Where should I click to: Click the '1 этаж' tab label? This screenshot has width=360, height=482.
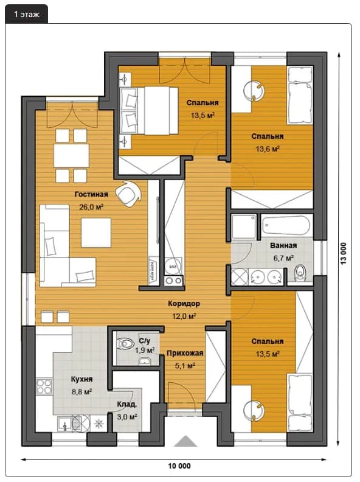[26, 14]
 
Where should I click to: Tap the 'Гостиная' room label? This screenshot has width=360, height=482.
[91, 194]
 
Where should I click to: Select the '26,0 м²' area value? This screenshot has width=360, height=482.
[91, 207]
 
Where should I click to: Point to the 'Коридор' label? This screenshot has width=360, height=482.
[184, 304]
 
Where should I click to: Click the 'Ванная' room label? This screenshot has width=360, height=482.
[283, 246]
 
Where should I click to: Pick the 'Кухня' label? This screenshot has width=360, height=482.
[81, 379]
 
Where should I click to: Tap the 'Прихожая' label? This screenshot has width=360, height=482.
[185, 353]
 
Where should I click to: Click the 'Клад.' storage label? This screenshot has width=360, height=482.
[127, 405]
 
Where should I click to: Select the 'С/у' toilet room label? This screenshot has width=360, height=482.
[144, 341]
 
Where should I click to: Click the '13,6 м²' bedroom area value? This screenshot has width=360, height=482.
[268, 149]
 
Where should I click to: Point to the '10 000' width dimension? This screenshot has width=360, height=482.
[179, 466]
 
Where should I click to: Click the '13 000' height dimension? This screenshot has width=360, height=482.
[344, 253]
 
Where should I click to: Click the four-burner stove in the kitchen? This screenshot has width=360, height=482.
[44, 386]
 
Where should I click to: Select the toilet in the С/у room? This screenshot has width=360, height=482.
[126, 343]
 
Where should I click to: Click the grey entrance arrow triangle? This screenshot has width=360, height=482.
[185, 441]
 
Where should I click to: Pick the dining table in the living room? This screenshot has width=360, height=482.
[71, 156]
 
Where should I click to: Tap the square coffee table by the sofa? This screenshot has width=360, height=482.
[96, 232]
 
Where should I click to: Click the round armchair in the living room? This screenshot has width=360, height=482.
[128, 194]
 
